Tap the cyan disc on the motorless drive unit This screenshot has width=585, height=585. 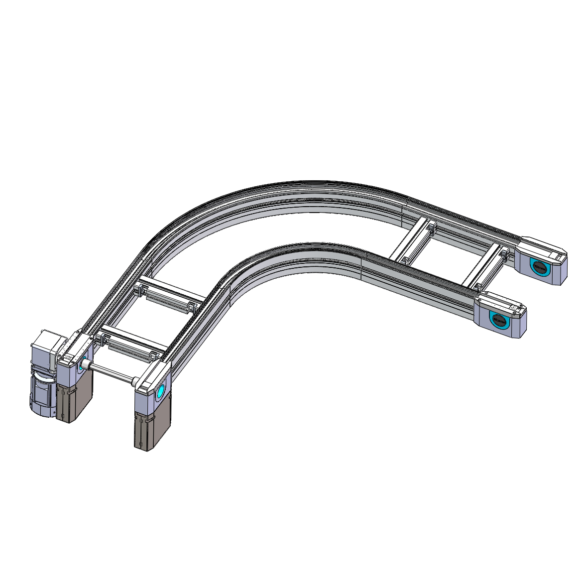click(160, 393)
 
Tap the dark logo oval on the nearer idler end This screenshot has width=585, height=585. click(499, 320)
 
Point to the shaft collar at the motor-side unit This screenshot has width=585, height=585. click(86, 366)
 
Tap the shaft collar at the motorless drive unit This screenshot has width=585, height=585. click(135, 382)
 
